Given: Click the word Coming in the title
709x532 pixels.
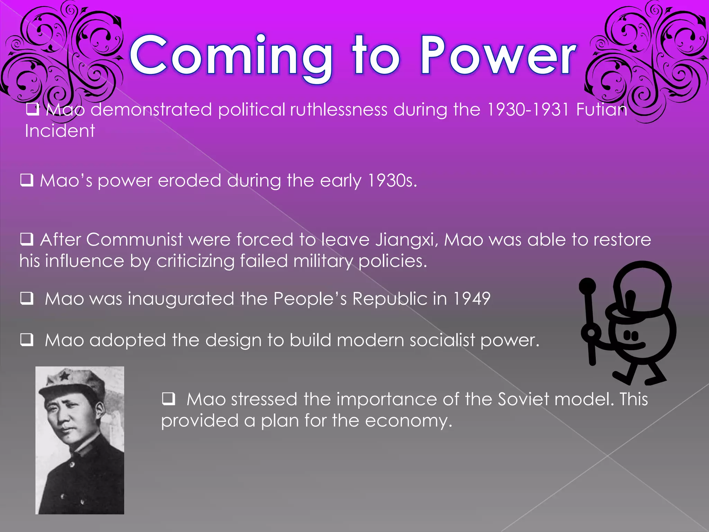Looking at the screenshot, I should (x=230, y=55).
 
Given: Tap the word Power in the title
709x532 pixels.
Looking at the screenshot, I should (x=498, y=55).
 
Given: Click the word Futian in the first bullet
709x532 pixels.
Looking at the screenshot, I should (x=601, y=110).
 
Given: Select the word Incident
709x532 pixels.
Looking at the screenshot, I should (x=60, y=131).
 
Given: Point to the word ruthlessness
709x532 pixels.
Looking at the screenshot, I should (x=339, y=110).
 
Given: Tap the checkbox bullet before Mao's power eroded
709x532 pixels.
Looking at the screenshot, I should (x=27, y=180).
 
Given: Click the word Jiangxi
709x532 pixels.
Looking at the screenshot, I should (x=407, y=240).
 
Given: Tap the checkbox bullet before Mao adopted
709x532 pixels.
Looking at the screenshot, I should (x=27, y=339).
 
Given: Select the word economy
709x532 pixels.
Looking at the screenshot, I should (x=409, y=421).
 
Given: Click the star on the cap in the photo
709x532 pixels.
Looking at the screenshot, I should (x=64, y=375).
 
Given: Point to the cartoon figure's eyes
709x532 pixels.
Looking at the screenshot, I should (x=630, y=335).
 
